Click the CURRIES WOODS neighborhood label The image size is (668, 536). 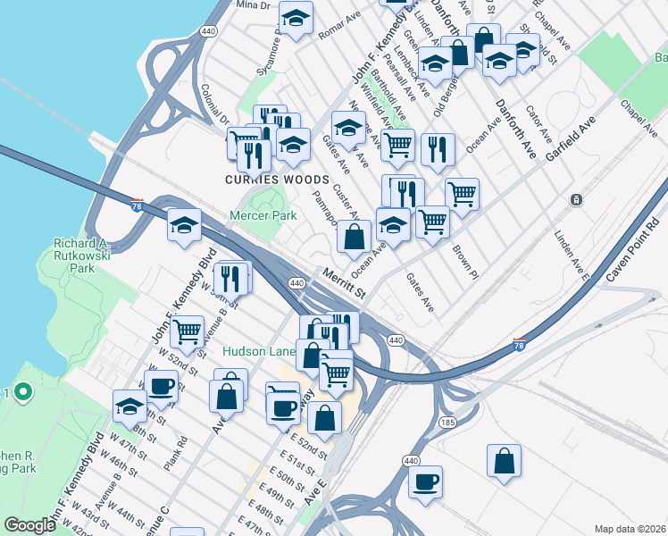click(x=263, y=180)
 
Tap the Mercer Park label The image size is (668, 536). click(x=263, y=216)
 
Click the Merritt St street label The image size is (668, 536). click(x=346, y=284)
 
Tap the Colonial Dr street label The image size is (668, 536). click(x=215, y=105)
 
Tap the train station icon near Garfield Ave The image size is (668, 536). click(x=577, y=198)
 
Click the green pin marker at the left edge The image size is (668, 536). click(x=22, y=392)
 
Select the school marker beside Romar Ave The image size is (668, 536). click(x=295, y=18)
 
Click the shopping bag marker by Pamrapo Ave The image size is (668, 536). click(x=354, y=238)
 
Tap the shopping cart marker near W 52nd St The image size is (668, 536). click(x=188, y=331)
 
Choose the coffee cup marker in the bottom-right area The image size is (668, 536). click(x=425, y=481)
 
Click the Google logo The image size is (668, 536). click(x=29, y=525)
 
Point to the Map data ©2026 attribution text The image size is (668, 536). click(x=630, y=529)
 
